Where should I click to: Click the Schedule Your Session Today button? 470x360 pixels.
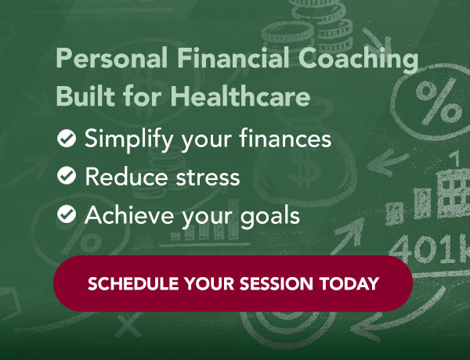pos(233,283)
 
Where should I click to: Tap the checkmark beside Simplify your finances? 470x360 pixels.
pos(67,139)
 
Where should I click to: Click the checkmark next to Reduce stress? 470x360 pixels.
pos(67,177)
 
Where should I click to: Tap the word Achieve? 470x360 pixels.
pos(124,214)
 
